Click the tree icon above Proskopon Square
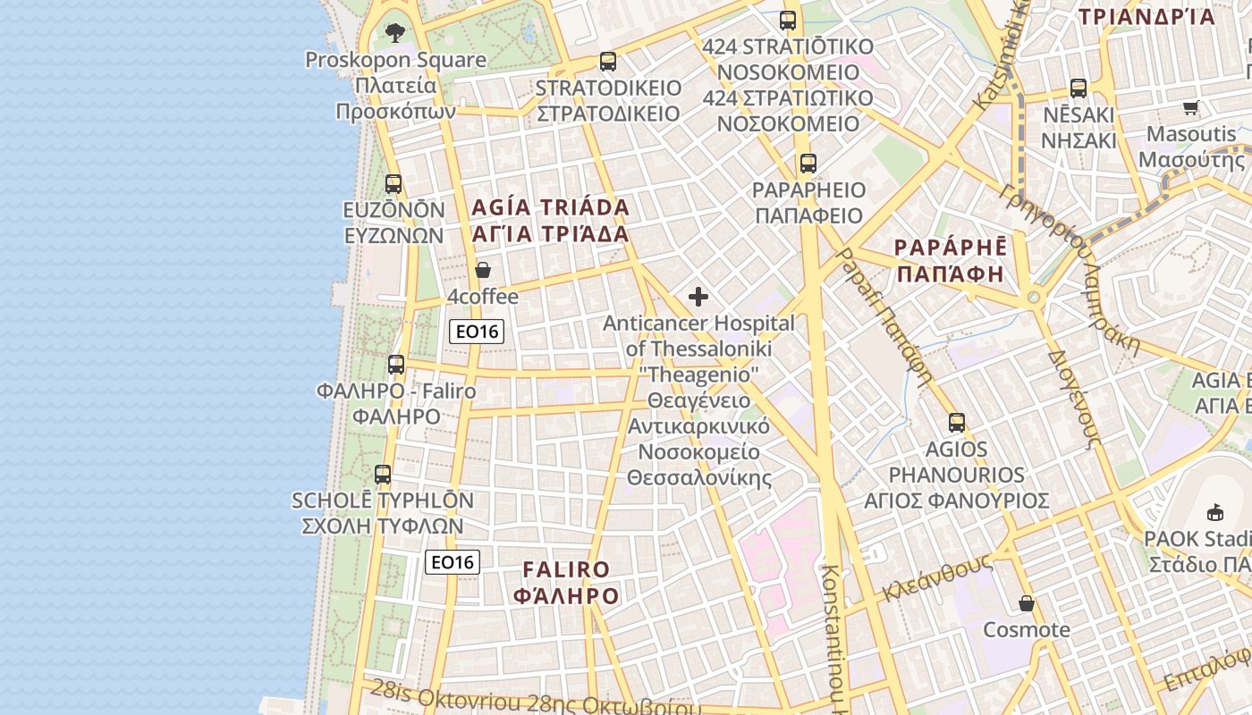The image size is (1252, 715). [394, 33]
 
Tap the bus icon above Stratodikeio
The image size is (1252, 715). [608, 62]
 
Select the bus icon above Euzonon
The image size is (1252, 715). [393, 184]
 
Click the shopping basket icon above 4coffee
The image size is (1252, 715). [483, 270]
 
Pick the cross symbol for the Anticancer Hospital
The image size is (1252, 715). [698, 297]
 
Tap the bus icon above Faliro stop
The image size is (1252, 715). [396, 365]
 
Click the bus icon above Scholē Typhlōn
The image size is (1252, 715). [383, 475]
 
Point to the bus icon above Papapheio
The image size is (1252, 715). [808, 164]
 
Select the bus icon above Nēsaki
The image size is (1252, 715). [1079, 88]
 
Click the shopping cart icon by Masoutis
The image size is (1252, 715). [1190, 108]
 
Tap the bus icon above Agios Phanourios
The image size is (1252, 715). [957, 423]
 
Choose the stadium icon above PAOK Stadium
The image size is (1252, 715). [1215, 513]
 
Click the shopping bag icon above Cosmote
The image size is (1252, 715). [1027, 604]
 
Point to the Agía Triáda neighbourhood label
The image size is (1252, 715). [550, 221]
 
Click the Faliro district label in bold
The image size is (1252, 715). [566, 583]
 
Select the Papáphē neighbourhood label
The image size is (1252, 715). [951, 260]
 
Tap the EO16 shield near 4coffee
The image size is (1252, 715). [477, 332]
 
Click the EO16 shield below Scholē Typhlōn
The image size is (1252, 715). [453, 562]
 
